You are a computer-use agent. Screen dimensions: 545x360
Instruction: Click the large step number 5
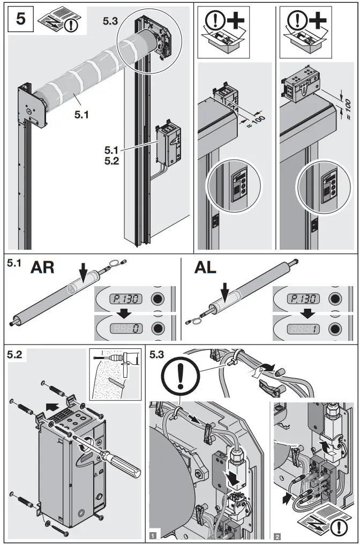(20, 19)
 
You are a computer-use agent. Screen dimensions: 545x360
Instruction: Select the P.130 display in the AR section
(124, 298)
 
